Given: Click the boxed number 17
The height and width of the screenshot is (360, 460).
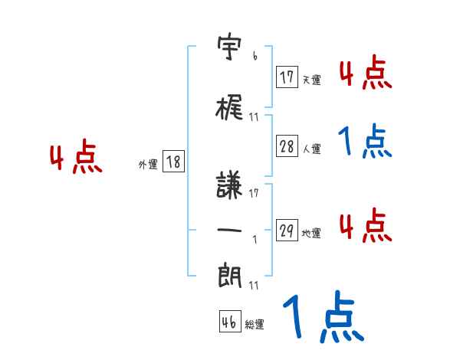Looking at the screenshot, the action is pyautogui.click(x=287, y=77).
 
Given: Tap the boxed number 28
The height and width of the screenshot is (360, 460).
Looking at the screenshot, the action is pyautogui.click(x=287, y=147).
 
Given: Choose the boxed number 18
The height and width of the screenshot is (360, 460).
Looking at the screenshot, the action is pyautogui.click(x=173, y=162).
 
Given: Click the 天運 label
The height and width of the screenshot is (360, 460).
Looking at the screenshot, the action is pyautogui.click(x=311, y=80).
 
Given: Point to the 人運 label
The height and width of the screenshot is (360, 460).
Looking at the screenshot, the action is pyautogui.click(x=311, y=149).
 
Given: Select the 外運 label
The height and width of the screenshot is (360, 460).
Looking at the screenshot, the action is pyautogui.click(x=148, y=164).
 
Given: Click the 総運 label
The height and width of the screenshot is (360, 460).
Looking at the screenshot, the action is pyautogui.click(x=255, y=325).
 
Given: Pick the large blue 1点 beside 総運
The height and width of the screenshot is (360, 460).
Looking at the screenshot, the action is pyautogui.click(x=322, y=317).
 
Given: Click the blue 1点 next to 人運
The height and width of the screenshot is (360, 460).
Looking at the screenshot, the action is pyautogui.click(x=365, y=141).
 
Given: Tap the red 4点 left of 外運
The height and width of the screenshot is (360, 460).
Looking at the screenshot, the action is pyautogui.click(x=75, y=158).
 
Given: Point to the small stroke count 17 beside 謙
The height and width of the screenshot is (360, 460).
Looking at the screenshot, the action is pyautogui.click(x=254, y=192).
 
